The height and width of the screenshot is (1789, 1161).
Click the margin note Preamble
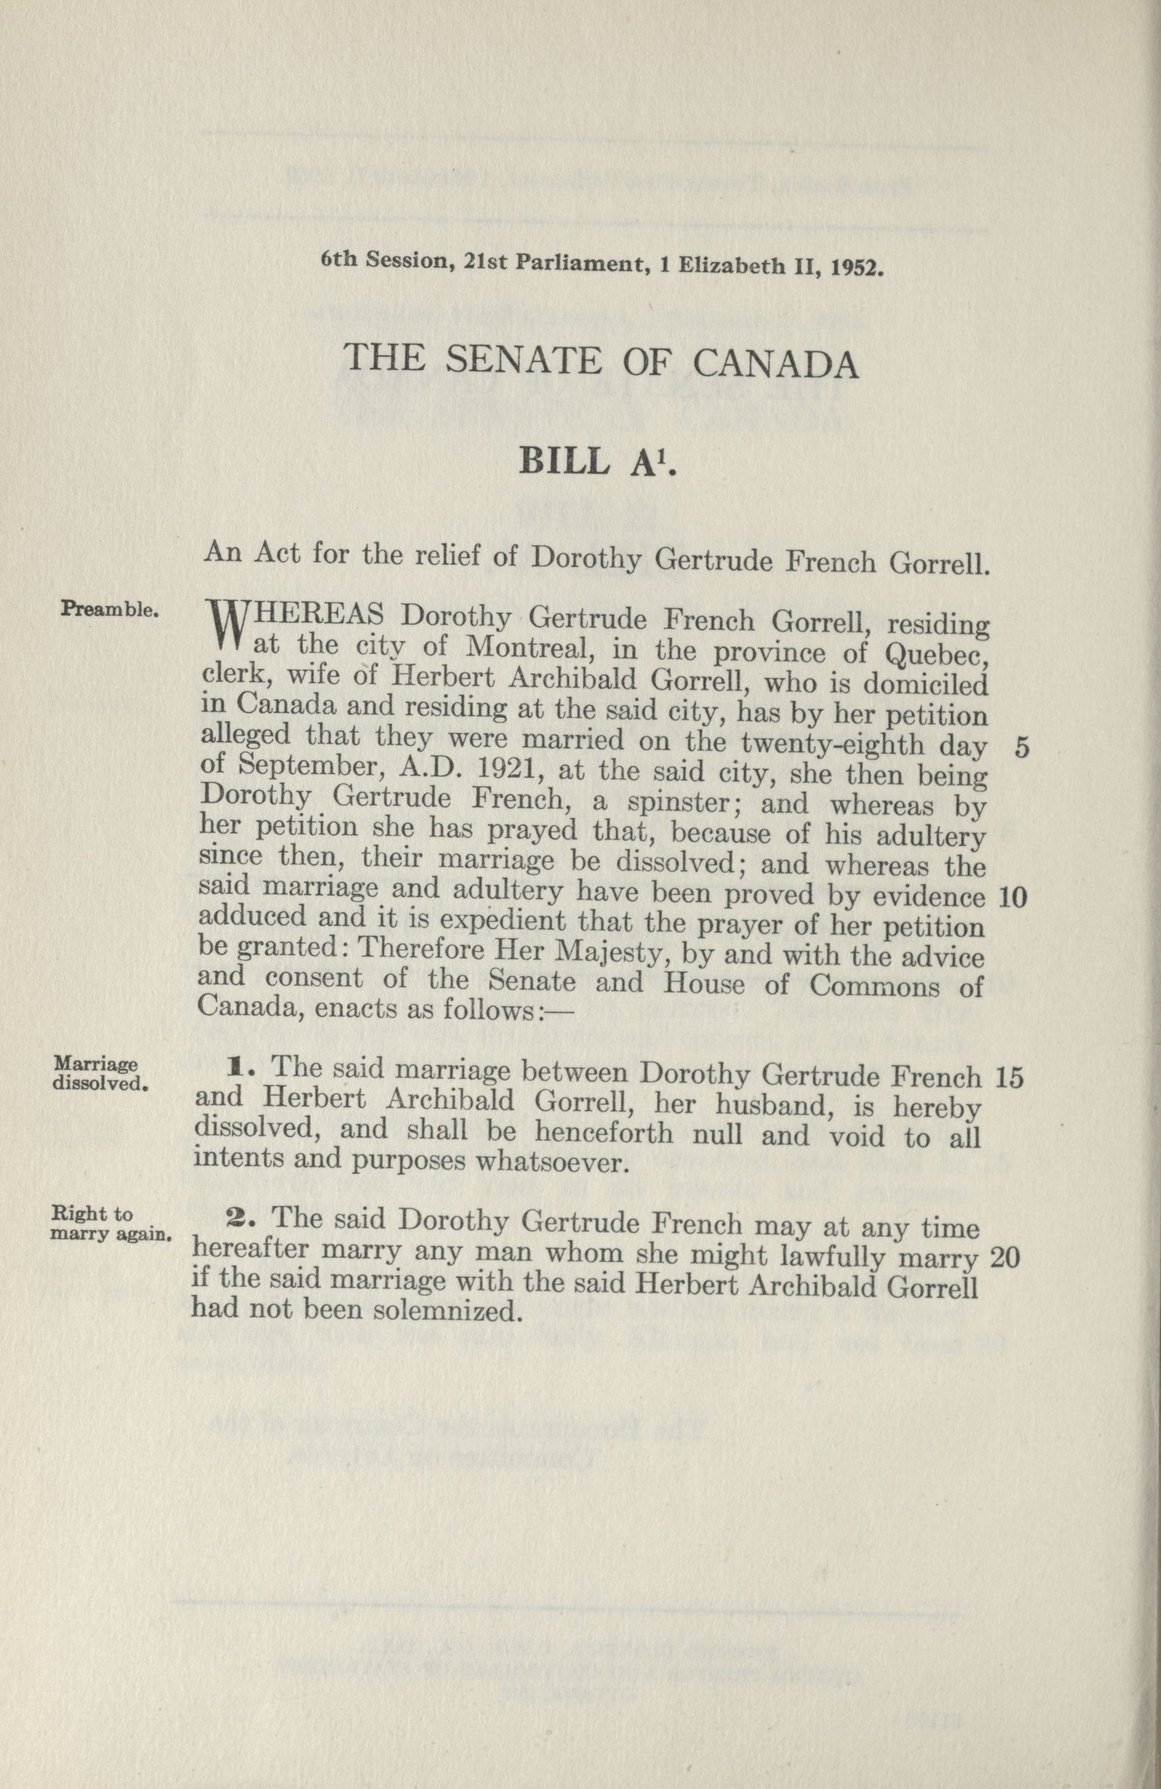109,608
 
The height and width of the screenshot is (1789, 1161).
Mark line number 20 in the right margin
1005,1258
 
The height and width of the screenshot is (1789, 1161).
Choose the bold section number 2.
236,1218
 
